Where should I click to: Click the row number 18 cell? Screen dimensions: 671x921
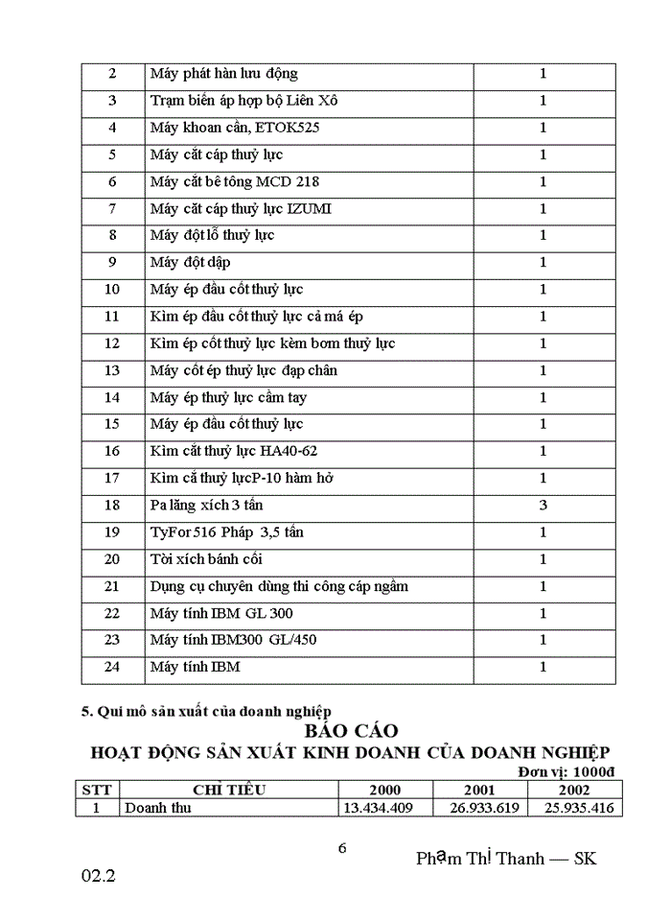112,505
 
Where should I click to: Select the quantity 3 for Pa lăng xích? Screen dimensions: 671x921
543,505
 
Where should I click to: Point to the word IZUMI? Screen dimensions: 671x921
310,208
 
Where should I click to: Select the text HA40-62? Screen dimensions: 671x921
289,451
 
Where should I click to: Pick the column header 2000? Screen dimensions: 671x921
384,791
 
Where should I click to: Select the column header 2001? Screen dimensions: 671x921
479,791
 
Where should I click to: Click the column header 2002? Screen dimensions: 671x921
574,791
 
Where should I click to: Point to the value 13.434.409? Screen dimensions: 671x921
378,808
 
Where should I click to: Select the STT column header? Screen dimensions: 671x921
97,791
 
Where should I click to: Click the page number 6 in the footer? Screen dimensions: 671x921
342,848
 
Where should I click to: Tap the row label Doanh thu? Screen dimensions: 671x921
158,808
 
